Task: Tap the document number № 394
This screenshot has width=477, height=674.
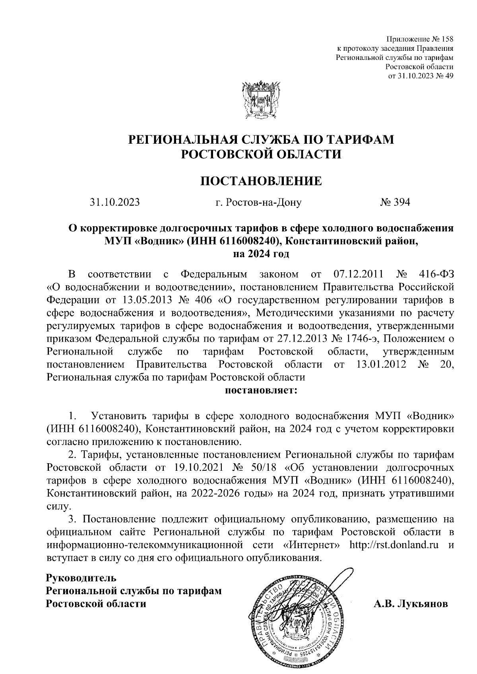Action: coord(395,202)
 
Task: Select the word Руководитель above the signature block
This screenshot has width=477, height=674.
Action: coord(81,576)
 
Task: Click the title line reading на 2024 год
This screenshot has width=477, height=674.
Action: coord(261,253)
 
